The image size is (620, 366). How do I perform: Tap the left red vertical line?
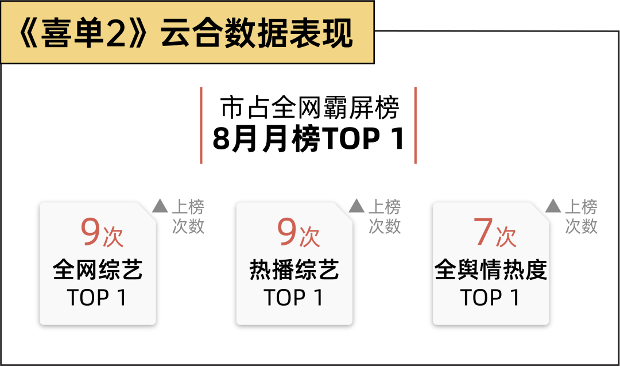[x=201, y=125]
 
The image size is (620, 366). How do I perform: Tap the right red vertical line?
[x=416, y=125]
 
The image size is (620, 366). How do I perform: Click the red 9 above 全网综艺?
[x=91, y=232]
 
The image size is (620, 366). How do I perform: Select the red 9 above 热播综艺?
[x=287, y=232]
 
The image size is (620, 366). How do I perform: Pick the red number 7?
[x=484, y=232]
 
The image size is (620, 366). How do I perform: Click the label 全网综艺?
[x=98, y=269]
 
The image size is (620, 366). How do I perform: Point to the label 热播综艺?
[x=294, y=269]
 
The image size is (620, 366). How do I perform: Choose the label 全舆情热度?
[x=491, y=269]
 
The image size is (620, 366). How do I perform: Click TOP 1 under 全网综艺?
[x=97, y=298]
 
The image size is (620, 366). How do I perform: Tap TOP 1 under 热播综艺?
[x=293, y=298]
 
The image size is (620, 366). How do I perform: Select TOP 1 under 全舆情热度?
[x=490, y=298]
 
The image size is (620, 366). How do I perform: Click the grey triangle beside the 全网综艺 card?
[x=160, y=206]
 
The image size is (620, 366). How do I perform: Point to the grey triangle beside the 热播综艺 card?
[x=356, y=206]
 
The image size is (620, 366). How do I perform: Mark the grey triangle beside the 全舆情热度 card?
[x=553, y=206]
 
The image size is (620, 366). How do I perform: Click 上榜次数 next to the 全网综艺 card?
[x=188, y=217]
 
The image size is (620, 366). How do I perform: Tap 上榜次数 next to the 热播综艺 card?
[x=385, y=217]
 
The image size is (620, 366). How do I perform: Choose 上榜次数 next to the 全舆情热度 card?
[x=581, y=217]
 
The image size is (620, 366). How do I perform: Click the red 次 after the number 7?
[x=506, y=236]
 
